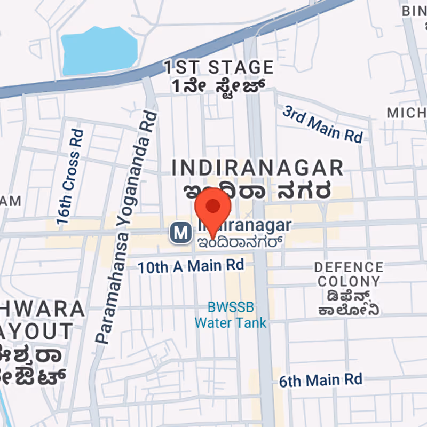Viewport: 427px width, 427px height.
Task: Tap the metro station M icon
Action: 181,233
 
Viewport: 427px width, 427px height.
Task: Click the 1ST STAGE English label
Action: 218,68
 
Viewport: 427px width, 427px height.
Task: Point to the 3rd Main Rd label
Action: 323,124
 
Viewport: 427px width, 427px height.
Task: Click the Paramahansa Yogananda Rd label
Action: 126,227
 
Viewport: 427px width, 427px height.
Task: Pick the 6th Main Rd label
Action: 321,380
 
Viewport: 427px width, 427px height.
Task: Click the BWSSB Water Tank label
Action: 231,315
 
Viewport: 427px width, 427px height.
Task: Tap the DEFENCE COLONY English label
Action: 348,274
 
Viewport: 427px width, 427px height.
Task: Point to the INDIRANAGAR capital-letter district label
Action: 257,168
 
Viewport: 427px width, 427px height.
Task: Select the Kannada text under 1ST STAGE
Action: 218,85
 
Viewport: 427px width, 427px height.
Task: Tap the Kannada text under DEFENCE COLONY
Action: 348,303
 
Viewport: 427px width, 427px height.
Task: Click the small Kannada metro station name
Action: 239,241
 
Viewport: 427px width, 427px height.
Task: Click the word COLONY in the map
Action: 348,281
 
